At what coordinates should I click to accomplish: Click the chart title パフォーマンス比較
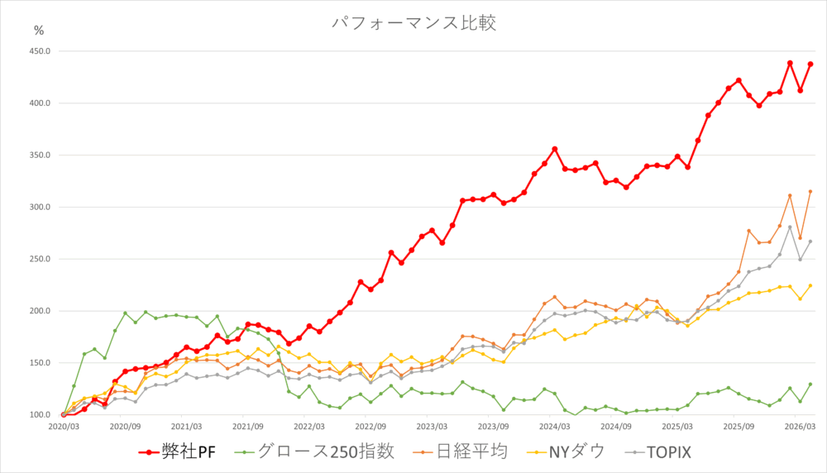tap(413, 22)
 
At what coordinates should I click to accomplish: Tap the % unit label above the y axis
tap(39, 31)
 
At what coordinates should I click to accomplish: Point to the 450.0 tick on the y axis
tap(39, 51)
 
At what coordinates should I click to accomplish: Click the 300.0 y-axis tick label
tap(39, 207)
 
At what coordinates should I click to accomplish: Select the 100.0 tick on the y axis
tap(39, 414)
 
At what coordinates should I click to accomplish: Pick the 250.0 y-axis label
tap(39, 259)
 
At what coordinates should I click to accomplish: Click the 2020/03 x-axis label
tap(64, 427)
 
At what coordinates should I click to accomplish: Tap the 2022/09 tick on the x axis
tap(371, 427)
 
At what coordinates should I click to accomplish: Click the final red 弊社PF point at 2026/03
tap(810, 64)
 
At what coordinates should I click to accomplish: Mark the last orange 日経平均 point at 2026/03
tap(810, 192)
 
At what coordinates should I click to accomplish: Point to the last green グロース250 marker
tap(810, 385)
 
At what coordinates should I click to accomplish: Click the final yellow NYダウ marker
tap(810, 286)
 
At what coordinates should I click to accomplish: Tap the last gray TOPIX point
tap(810, 241)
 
